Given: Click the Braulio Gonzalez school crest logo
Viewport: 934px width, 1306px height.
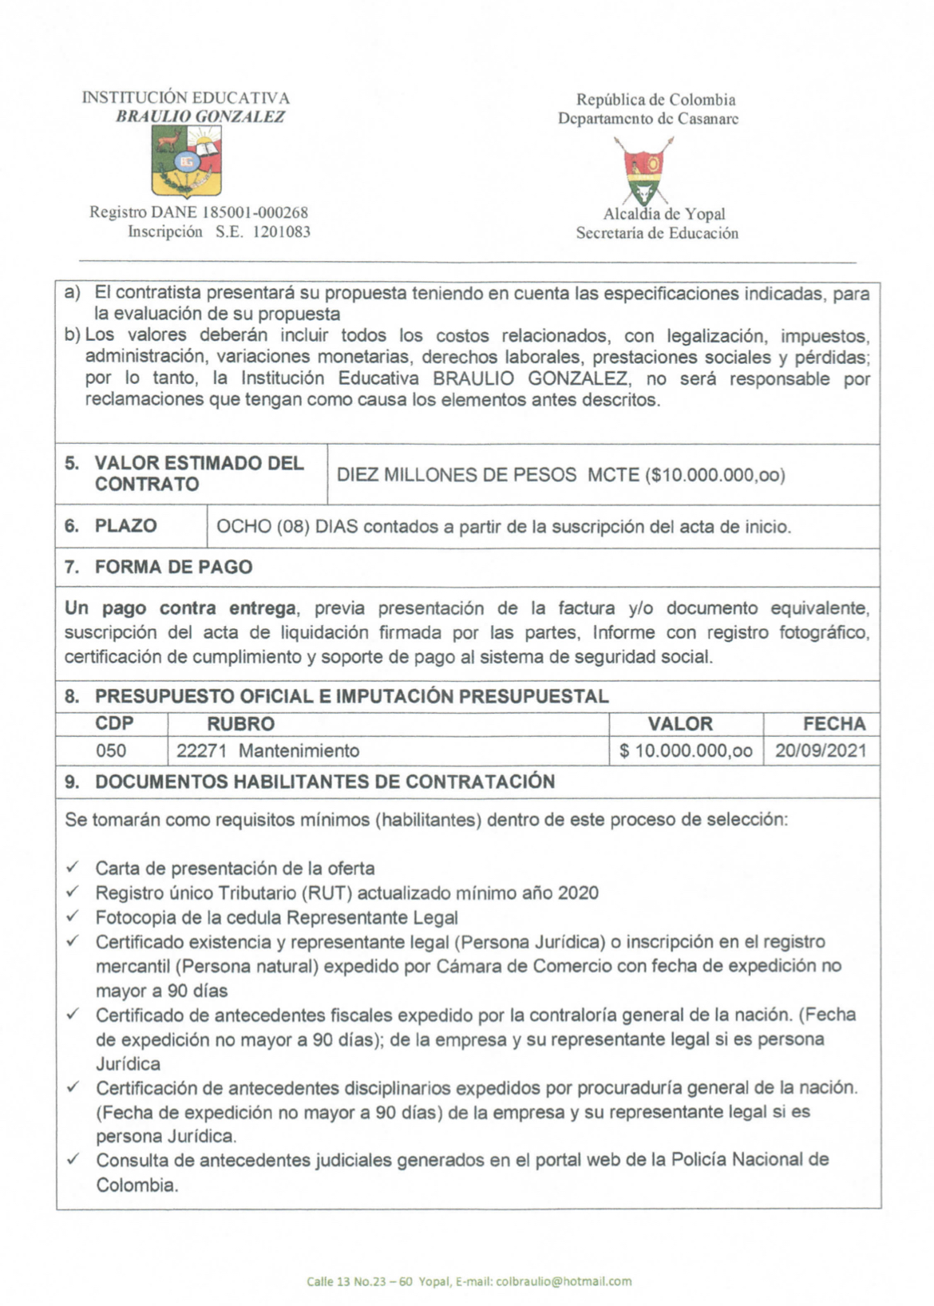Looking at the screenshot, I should (187, 162).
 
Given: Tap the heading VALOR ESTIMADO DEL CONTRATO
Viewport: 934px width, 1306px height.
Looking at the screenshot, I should (199, 473).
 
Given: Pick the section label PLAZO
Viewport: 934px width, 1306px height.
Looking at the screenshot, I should (125, 526).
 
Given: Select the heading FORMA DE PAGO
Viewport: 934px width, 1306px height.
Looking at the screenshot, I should (173, 567).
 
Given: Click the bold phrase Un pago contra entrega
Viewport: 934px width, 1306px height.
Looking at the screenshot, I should (180, 608).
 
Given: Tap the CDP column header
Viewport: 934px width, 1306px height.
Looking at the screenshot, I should (114, 724).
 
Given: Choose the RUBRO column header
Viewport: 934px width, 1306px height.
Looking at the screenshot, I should (240, 724).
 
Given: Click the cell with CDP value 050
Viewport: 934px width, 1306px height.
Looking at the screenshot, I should (111, 750).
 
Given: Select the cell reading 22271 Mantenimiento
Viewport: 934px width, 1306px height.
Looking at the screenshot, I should (267, 750).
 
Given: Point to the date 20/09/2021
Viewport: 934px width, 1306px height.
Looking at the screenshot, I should (821, 750).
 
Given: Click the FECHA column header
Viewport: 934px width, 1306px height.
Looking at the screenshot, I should (834, 724).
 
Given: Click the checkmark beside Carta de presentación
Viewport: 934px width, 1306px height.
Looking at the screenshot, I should (73, 867).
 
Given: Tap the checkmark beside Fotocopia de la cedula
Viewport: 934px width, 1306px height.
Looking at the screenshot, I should (73, 916).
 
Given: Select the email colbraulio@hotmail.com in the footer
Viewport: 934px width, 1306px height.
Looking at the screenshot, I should (564, 1281).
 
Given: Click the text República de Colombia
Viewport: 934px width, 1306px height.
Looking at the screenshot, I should (655, 100).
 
